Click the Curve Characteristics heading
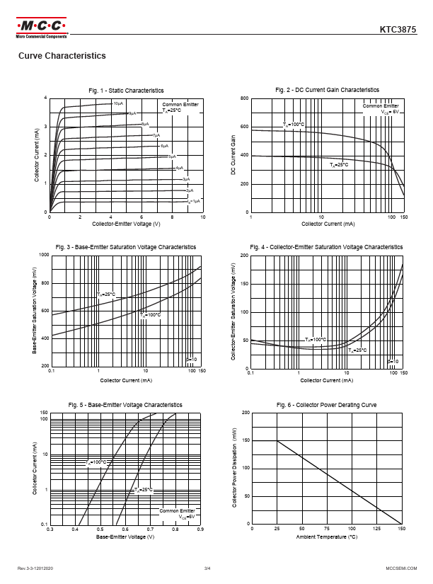pyautogui.click(x=62, y=56)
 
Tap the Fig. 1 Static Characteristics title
pyautogui.click(x=126, y=91)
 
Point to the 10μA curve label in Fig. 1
pyautogui.click(x=118, y=104)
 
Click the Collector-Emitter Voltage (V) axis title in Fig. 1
pyautogui.click(x=126, y=224)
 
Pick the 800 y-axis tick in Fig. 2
pyautogui.click(x=244, y=98)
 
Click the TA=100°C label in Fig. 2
pyautogui.click(x=294, y=125)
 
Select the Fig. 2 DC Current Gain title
pyautogui.click(x=327, y=90)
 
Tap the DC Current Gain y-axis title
pyautogui.click(x=232, y=155)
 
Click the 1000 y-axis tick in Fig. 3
pyautogui.click(x=44, y=254)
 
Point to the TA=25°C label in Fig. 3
pyautogui.click(x=105, y=294)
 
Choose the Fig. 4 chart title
pyautogui.click(x=327, y=246)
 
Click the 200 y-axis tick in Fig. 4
pyautogui.click(x=244, y=255)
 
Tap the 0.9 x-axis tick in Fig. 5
pyautogui.click(x=201, y=529)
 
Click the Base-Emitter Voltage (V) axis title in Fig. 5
pyautogui.click(x=126, y=537)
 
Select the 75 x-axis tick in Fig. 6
pyautogui.click(x=327, y=529)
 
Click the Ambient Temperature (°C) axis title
pyautogui.click(x=327, y=537)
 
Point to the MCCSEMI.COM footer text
pyautogui.click(x=400, y=568)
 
